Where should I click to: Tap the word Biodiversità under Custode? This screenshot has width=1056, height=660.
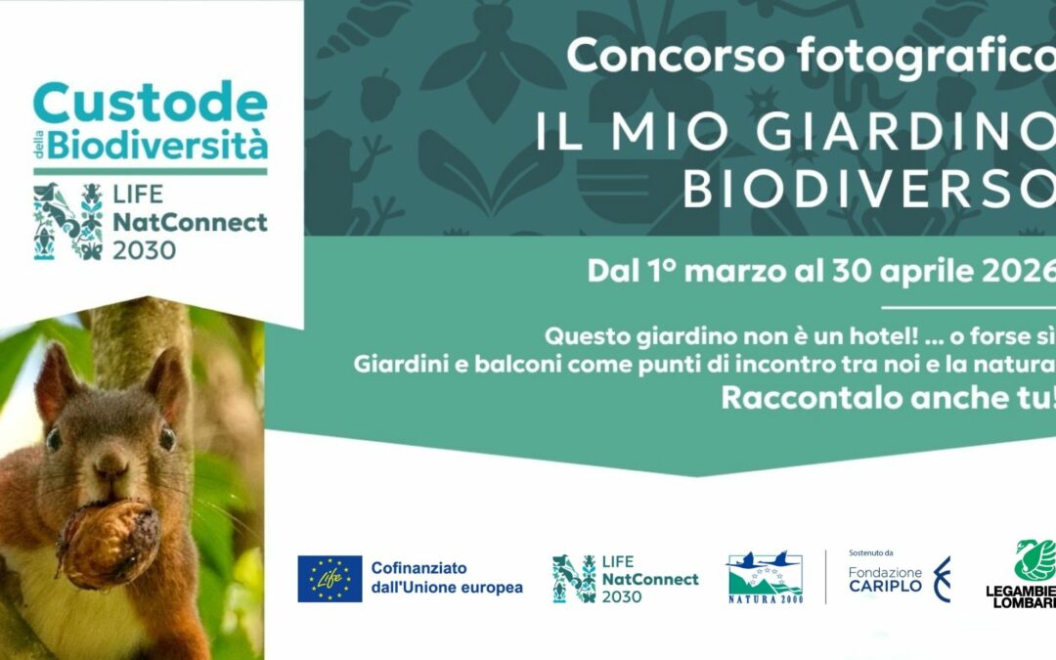157,146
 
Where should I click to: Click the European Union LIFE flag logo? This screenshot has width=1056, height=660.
330,579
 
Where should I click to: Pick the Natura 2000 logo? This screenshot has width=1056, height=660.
765,579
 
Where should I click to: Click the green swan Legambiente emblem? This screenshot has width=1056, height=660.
1034,559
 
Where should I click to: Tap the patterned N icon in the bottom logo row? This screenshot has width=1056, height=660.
573,579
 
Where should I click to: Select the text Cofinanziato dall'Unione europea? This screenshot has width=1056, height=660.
446,578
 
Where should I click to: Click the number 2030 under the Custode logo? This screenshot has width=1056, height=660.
145,250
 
